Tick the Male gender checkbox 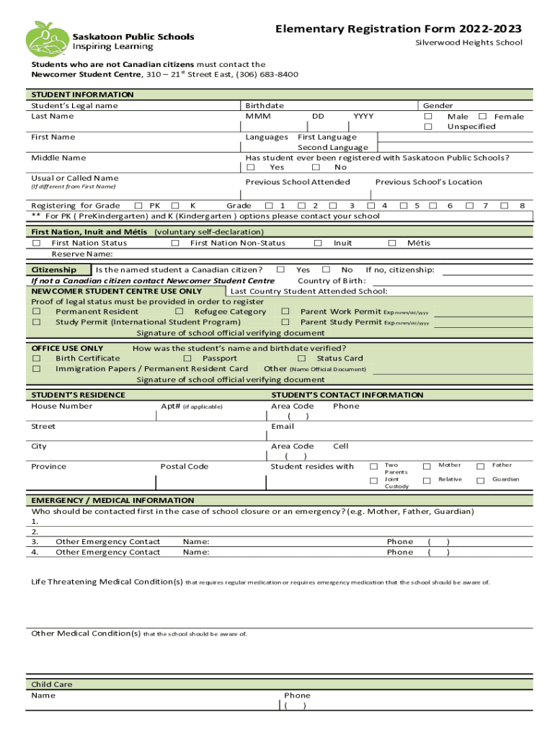tap(427, 117)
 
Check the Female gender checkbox tap(482, 117)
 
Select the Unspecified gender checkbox tap(427, 127)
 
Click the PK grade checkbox tap(139, 206)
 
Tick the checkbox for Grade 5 tap(404, 206)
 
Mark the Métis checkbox tap(392, 244)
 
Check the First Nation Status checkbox tap(36, 244)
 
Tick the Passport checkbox tap(187, 359)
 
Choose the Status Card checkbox tap(301, 359)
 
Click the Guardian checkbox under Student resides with tap(481, 480)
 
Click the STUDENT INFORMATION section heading tap(82, 94)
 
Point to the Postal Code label tap(184, 467)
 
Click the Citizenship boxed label tap(54, 270)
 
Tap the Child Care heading tap(51, 685)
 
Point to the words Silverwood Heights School tap(469, 43)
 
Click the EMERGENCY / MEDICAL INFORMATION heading tap(112, 500)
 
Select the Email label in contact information tap(282, 427)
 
